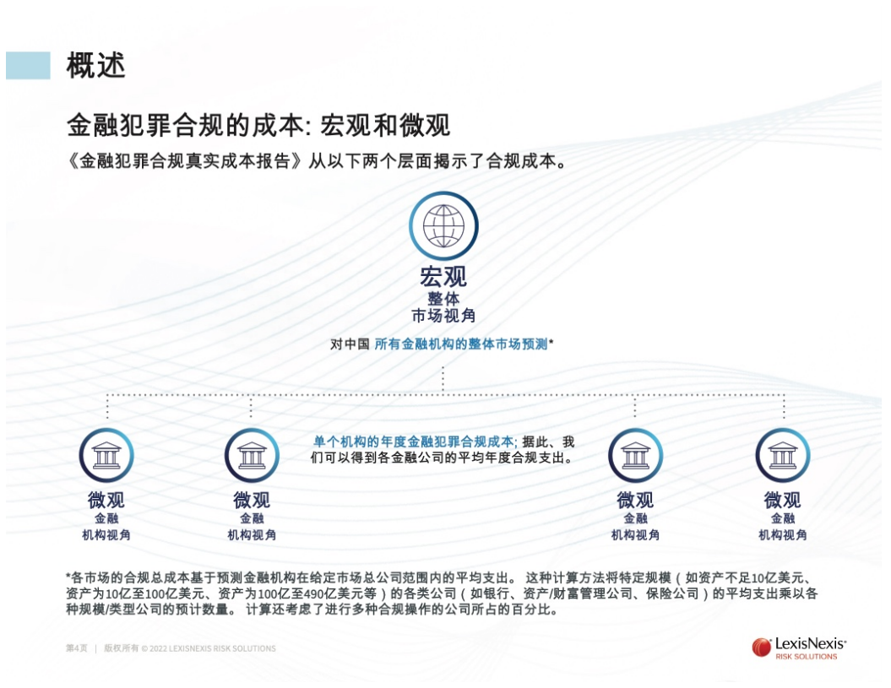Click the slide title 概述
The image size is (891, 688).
95,65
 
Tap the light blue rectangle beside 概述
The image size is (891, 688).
28,65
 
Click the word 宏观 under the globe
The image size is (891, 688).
443,277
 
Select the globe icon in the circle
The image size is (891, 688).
443,225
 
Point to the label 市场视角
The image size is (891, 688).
443,317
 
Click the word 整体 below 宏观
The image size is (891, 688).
443,298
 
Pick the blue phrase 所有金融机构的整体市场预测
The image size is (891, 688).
461,344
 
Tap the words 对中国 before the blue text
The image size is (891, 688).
350,344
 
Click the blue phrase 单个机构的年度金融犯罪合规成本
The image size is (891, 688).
414,442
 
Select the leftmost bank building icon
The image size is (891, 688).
106,456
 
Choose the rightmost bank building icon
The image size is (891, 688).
782,456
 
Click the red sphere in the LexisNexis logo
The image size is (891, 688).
761,647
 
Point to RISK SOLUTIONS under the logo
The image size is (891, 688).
806,657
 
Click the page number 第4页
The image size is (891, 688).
77,648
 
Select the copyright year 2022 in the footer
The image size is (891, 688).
159,648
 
